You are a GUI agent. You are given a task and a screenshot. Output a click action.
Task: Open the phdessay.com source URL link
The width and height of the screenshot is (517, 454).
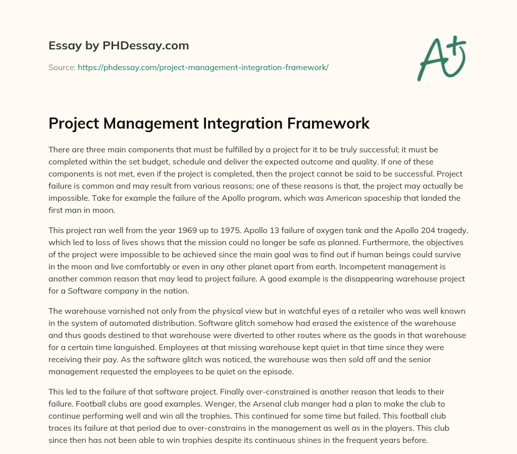coord(203,67)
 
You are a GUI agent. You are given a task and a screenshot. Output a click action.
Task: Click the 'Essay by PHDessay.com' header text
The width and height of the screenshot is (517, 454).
coord(119,46)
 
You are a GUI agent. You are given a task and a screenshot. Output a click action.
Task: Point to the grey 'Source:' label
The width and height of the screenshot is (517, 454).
coord(62,67)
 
